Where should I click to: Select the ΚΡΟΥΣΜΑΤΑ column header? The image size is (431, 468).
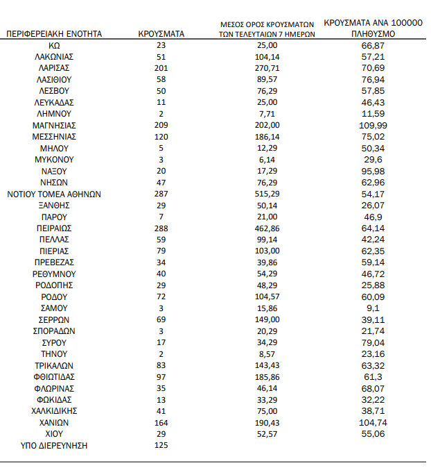pyautogui.click(x=161, y=33)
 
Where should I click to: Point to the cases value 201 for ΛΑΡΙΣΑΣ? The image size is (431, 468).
pyautogui.click(x=161, y=68)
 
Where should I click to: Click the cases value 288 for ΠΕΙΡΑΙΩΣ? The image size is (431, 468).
pyautogui.click(x=161, y=228)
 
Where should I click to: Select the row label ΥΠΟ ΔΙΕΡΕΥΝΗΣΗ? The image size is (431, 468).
pyautogui.click(x=48, y=445)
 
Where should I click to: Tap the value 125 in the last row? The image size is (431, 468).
pyautogui.click(x=161, y=445)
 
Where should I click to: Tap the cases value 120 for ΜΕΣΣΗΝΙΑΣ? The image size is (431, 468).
pyautogui.click(x=161, y=137)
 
